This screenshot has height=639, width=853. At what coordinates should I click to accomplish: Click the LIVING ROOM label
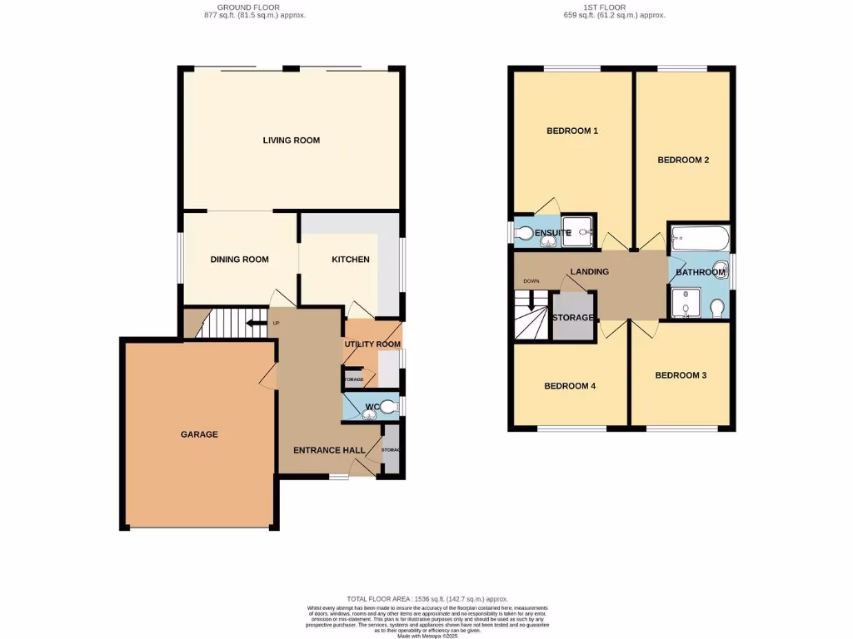(291, 141)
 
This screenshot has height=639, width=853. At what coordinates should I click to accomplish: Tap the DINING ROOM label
(239, 260)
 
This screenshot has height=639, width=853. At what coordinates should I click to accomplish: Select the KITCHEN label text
(351, 260)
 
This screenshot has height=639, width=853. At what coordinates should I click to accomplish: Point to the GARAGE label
(199, 434)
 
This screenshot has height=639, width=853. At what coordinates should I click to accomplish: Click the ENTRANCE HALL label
(329, 450)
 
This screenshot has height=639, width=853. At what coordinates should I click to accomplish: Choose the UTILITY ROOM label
(372, 344)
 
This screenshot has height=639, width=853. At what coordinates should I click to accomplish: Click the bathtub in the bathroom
(700, 239)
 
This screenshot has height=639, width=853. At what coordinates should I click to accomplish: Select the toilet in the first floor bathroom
(717, 309)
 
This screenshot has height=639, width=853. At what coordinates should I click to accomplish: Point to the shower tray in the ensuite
(582, 232)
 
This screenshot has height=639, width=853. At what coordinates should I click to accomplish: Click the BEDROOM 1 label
(572, 131)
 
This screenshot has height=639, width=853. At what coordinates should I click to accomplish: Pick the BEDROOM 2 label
(683, 160)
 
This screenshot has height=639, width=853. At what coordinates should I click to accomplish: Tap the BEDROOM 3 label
(681, 375)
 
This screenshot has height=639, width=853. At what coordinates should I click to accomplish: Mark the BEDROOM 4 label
(570, 386)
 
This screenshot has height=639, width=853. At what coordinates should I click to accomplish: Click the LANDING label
(589, 271)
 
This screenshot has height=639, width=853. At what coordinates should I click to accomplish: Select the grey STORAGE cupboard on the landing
(573, 317)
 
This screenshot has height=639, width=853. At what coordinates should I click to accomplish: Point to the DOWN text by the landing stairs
(531, 281)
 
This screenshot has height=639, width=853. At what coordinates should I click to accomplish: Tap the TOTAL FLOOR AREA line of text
(427, 599)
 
